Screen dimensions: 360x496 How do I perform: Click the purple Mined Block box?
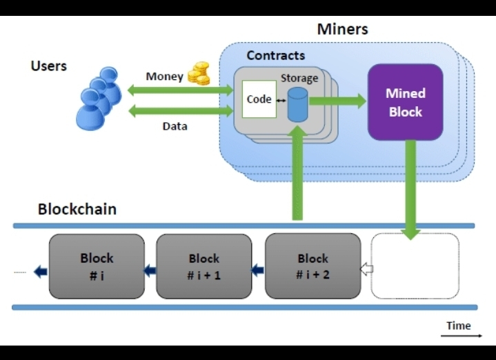(405, 102)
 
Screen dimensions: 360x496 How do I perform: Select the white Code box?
(259, 99)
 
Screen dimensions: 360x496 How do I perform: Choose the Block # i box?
(97, 266)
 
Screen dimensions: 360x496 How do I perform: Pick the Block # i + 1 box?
(204, 266)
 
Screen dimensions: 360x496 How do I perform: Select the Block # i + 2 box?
(313, 266)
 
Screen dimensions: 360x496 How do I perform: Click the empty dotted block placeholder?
(415, 266)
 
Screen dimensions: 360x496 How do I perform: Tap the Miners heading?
(342, 29)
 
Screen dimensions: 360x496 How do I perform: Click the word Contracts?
(275, 55)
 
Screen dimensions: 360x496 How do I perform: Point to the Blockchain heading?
(77, 209)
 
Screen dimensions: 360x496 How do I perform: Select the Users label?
(48, 66)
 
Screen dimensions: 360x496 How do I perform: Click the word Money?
(164, 76)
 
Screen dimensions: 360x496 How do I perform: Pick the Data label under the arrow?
(175, 126)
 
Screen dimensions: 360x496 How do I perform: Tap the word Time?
(458, 326)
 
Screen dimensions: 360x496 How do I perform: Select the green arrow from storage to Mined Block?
(337, 101)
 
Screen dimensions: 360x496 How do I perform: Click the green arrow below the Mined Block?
(411, 190)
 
